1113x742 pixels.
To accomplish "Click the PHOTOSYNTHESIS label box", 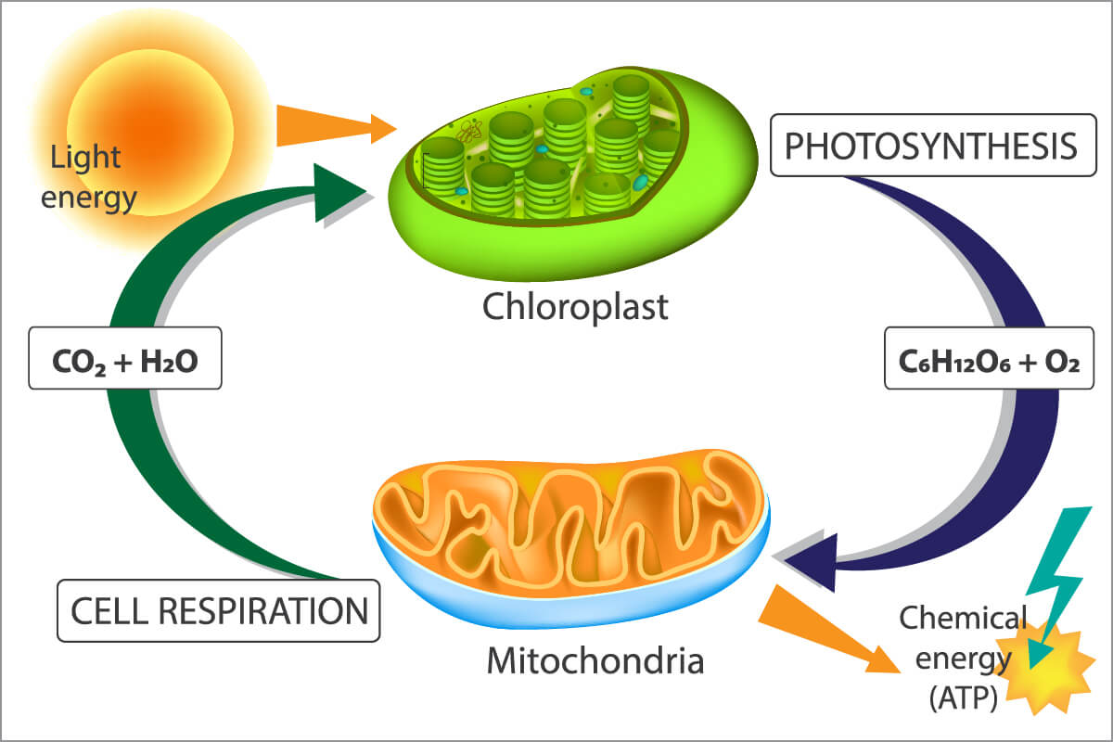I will [931, 147].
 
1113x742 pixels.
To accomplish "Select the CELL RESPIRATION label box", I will [219, 610].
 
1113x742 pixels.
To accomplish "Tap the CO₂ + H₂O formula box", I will [125, 357].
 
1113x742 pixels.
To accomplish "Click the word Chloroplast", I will [575, 306].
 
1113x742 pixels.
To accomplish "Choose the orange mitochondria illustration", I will [566, 519].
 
